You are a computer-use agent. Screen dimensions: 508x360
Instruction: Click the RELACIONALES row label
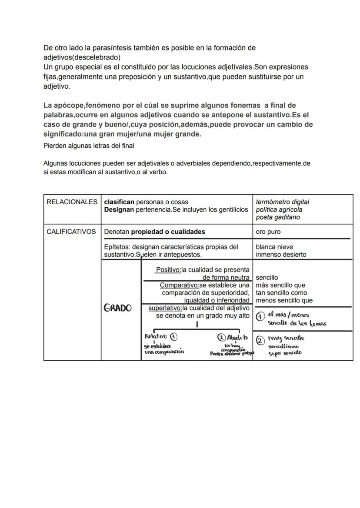pyautogui.click(x=72, y=202)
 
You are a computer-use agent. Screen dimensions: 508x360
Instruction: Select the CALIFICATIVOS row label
pyautogui.click(x=71, y=232)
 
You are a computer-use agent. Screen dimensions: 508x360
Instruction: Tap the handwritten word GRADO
pyautogui.click(x=117, y=308)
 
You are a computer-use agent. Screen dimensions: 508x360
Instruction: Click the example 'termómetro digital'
pyautogui.click(x=282, y=202)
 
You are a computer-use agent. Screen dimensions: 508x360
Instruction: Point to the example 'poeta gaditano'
pyautogui.click(x=277, y=217)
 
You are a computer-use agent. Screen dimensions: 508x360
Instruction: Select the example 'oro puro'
pyautogui.click(x=268, y=232)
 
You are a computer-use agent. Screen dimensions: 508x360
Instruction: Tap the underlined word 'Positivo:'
pyautogui.click(x=168, y=270)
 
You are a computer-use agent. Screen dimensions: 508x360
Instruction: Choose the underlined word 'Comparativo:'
pyautogui.click(x=179, y=285)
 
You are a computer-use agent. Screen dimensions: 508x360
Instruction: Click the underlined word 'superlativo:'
pyautogui.click(x=165, y=308)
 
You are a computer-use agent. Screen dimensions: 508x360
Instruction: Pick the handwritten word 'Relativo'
pyautogui.click(x=156, y=336)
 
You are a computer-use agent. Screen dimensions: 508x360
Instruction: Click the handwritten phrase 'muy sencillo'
pyautogui.click(x=286, y=338)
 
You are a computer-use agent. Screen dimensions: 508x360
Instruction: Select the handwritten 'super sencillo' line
pyautogui.click(x=284, y=353)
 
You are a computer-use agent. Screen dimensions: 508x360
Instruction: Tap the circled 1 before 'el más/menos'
pyautogui.click(x=260, y=317)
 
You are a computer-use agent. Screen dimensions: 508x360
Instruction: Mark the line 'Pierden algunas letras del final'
pyautogui.click(x=89, y=146)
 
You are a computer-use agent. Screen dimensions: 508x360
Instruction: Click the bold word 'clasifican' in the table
pyautogui.click(x=119, y=202)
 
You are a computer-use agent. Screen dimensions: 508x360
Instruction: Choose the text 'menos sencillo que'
pyautogui.click(x=284, y=300)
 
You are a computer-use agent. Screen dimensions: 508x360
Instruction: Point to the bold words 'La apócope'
pyautogui.click(x=63, y=106)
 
